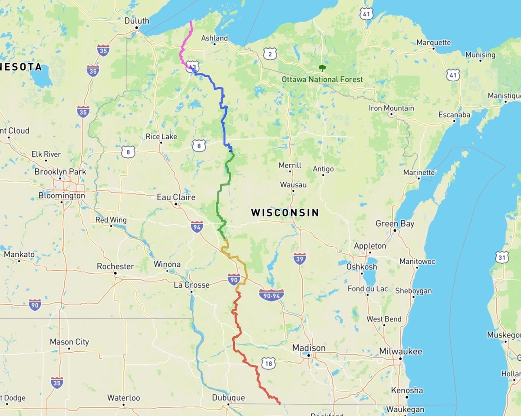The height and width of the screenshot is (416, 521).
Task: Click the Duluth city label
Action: pos(136,21)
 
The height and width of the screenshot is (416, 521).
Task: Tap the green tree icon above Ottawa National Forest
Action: pos(322,68)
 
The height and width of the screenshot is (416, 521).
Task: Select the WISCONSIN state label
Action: pos(285,213)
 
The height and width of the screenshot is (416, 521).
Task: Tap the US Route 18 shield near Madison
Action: pos(268,363)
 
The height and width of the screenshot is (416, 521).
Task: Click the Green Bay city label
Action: pos(395,224)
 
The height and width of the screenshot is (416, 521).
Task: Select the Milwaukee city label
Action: pos(400,351)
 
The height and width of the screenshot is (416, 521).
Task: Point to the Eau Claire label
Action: pos(176,197)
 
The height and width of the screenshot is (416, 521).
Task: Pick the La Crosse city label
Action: pos(191,285)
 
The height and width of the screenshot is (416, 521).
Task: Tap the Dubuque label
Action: pos(228,398)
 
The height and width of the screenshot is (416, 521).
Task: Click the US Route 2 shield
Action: pos(270,54)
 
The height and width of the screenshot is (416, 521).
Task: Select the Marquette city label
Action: pos(433,43)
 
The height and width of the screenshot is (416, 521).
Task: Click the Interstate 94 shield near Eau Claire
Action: pos(197,226)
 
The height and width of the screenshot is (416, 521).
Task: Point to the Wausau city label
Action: pos(293,185)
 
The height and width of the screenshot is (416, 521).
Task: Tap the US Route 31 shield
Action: pos(502,257)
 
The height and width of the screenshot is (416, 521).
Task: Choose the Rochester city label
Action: pos(115,266)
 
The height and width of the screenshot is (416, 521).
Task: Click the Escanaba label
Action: pos(454,115)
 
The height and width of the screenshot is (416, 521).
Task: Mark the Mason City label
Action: pos(69,342)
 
